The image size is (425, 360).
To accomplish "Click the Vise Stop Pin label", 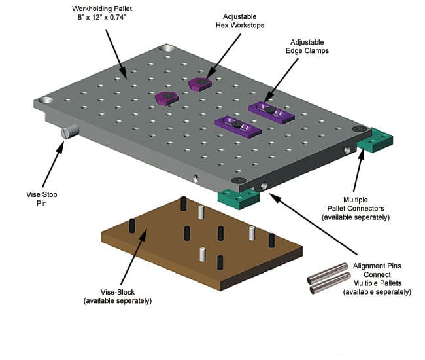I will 31,199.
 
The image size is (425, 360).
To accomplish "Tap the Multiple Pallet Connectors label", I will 366,207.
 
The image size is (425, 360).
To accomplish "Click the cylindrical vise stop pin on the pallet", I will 70,132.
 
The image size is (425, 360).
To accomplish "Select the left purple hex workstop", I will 167,98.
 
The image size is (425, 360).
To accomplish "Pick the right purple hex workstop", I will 200,84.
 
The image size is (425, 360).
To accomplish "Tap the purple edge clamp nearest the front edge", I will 238,125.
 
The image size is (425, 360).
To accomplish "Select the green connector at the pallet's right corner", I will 374,140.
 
